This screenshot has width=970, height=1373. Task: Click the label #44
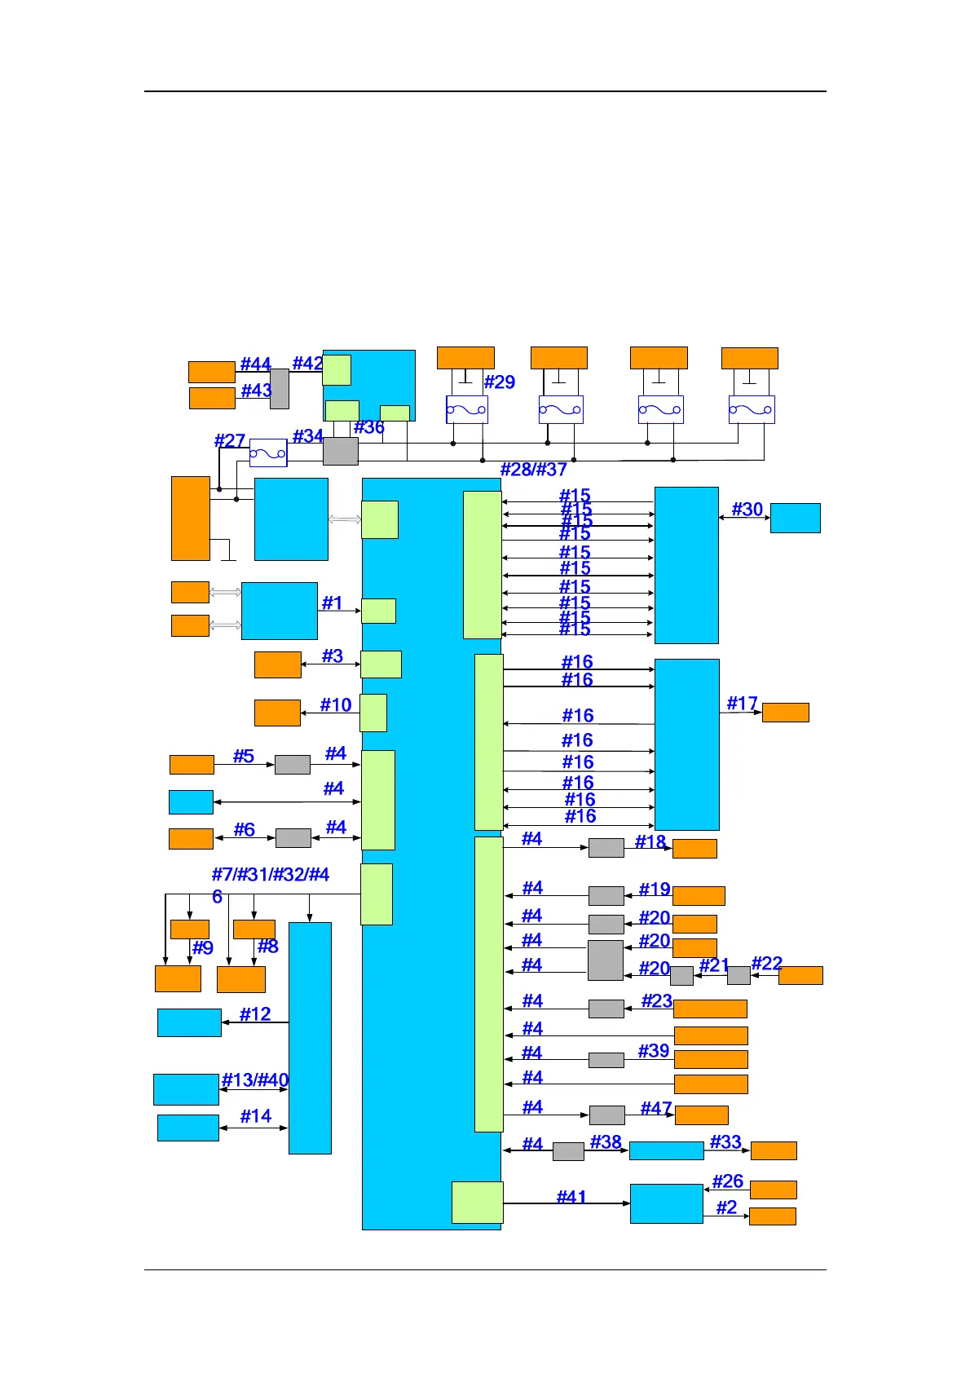[255, 364]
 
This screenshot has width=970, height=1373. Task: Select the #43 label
[256, 391]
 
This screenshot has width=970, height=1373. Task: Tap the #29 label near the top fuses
[499, 382]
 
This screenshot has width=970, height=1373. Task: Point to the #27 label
[229, 440]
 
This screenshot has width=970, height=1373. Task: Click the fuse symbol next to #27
[268, 453]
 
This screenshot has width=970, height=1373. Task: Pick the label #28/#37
[533, 469]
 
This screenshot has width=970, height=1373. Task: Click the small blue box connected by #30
[795, 518]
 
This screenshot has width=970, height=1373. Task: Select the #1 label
[332, 603]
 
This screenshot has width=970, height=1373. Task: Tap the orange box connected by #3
[277, 664]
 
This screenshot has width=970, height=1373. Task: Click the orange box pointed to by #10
[277, 713]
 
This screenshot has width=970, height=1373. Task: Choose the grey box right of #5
[292, 765]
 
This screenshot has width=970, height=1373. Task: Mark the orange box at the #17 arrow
[785, 713]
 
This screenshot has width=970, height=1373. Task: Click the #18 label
[650, 841]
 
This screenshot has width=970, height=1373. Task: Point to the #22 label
[766, 964]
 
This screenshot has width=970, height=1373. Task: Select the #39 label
[654, 1051]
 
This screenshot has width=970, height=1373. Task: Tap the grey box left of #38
[568, 1151]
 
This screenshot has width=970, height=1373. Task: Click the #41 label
[571, 1196]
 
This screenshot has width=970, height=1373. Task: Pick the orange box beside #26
[773, 1190]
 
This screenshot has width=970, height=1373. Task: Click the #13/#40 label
[255, 1080]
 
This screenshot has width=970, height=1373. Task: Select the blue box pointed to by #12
[189, 1022]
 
